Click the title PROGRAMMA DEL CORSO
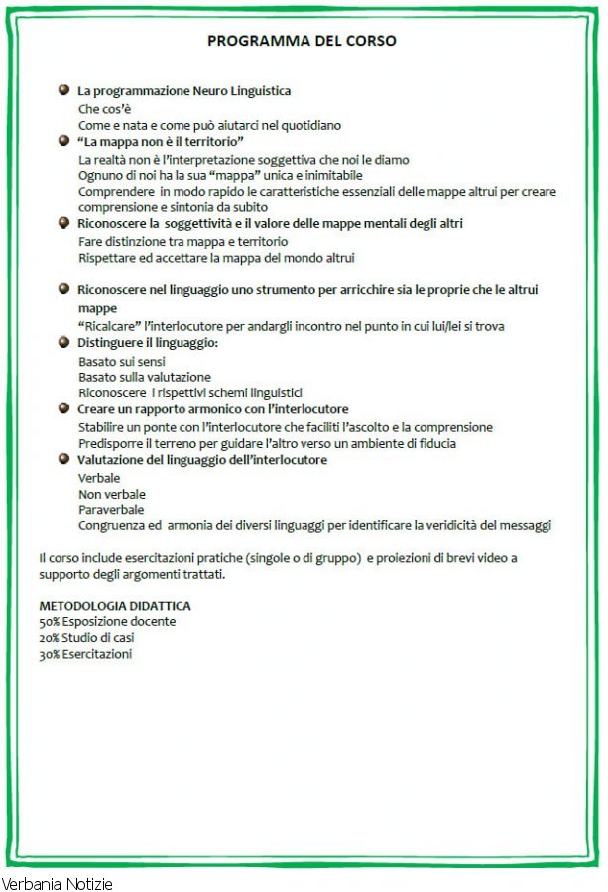tap(302, 42)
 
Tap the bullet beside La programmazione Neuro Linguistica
tap(63, 90)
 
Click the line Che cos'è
tap(104, 108)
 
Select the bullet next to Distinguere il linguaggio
tap(63, 342)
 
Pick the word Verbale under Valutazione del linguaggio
tap(99, 477)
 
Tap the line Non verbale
tap(112, 494)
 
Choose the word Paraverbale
tap(110, 509)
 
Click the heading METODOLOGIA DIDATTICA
tap(115, 605)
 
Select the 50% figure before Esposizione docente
tap(50, 621)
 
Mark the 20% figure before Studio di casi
tap(50, 637)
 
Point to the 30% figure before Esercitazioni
tap(50, 654)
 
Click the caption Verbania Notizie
tap(58, 883)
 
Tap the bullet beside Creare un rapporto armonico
tap(63, 408)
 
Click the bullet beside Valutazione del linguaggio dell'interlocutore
tap(63, 459)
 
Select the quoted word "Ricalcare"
tap(109, 325)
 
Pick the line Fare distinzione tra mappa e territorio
tap(183, 241)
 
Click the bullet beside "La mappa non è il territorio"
tap(63, 142)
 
